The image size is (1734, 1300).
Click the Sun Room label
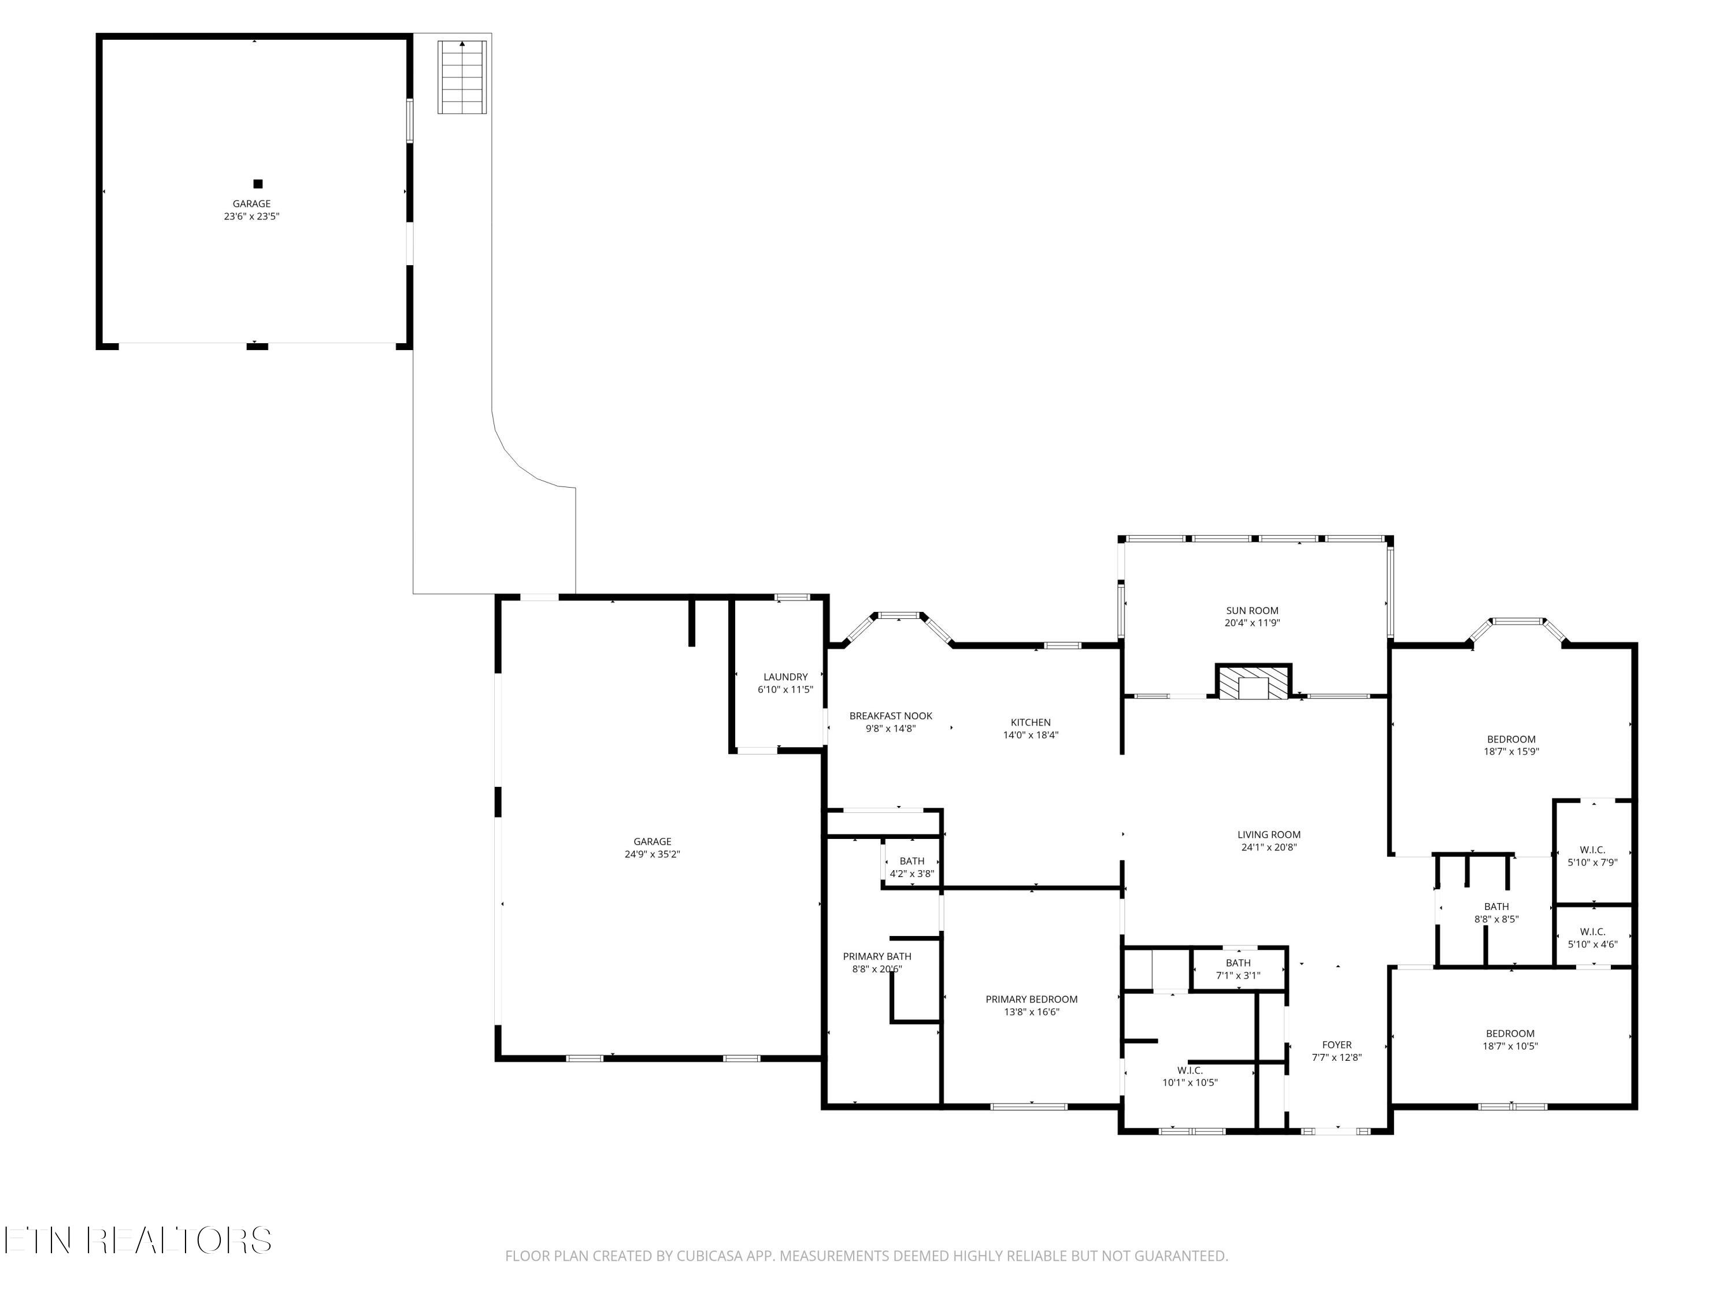1252,611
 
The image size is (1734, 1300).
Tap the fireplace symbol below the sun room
1253,682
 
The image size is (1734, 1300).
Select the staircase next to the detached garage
462,77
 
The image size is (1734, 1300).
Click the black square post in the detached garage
257,184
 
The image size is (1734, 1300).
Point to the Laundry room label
786,677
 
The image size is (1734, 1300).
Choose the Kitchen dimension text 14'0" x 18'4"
1031,735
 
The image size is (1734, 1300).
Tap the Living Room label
1269,834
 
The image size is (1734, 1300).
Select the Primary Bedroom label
1032,999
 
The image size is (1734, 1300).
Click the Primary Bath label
877,956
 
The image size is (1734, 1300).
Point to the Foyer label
1336,1045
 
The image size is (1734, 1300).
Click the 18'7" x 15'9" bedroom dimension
1511,752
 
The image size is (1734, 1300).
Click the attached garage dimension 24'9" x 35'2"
652,854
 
